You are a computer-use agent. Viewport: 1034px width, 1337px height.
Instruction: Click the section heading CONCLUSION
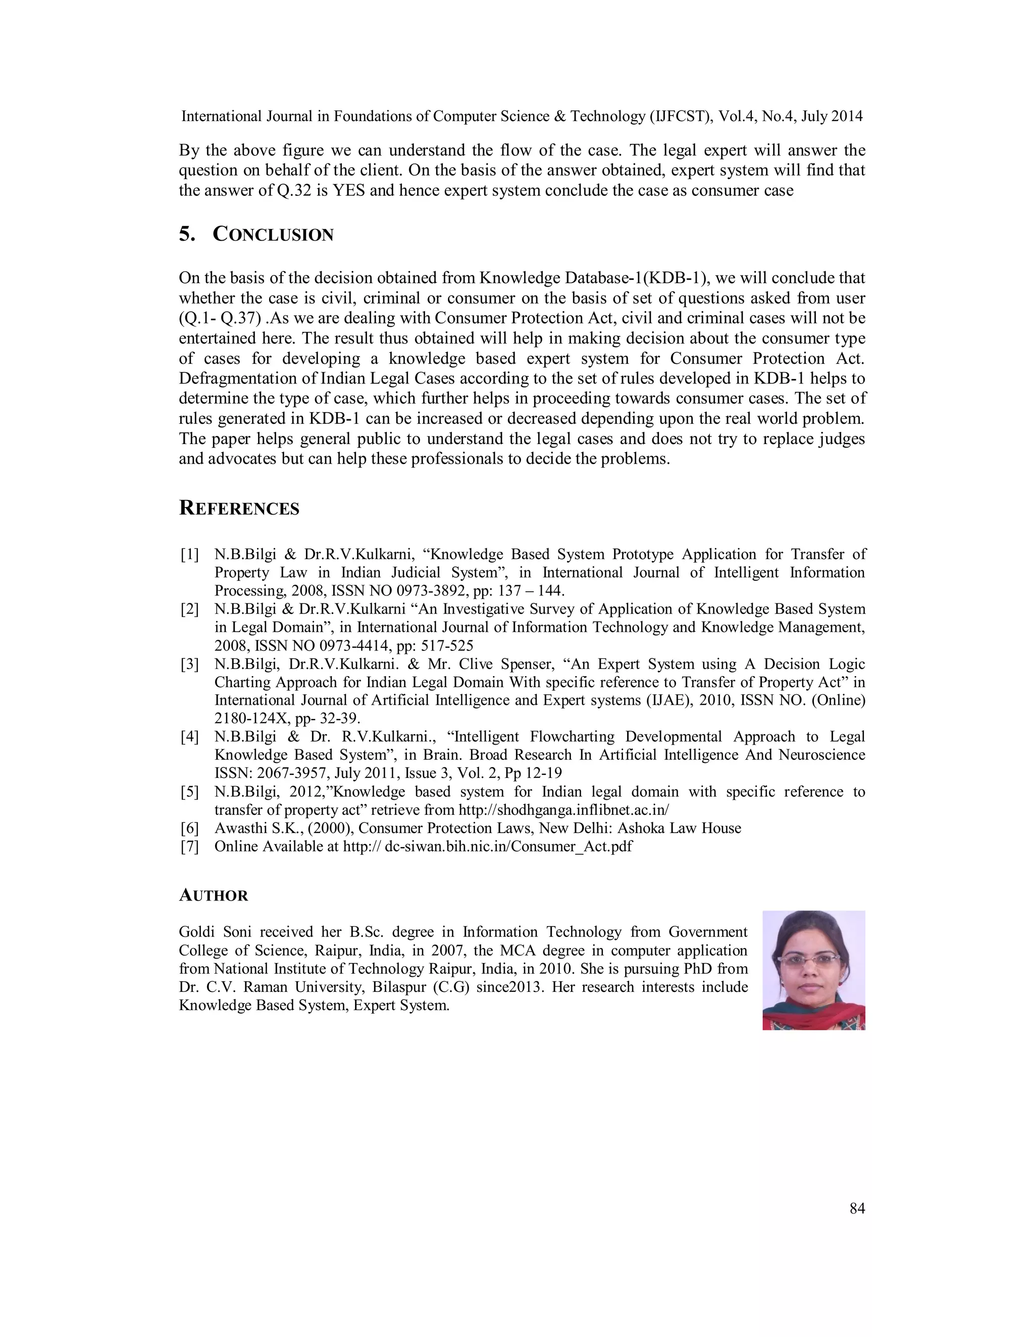click(273, 235)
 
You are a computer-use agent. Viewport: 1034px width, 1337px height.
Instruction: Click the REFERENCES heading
click(239, 509)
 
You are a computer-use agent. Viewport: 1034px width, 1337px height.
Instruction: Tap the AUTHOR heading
click(213, 896)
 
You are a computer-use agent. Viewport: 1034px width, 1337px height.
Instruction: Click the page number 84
click(857, 1208)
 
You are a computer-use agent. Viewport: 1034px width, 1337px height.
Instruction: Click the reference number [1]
click(189, 554)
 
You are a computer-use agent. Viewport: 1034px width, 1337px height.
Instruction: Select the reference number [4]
click(189, 737)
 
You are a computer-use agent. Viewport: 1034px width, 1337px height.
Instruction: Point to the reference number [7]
click(189, 847)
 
